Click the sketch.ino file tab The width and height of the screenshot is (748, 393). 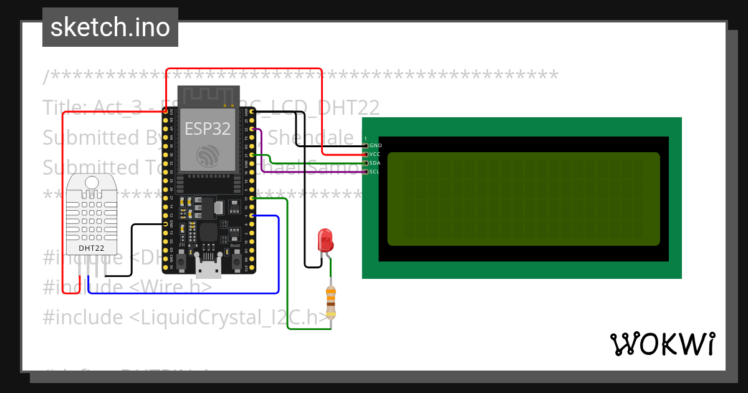tap(110, 27)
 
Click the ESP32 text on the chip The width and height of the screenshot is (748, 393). tap(208, 129)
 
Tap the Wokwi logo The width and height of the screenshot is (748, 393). tap(662, 344)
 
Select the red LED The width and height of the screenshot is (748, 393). tap(325, 240)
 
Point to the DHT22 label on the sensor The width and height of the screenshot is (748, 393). tap(91, 248)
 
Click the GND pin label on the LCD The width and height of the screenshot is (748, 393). tap(376, 145)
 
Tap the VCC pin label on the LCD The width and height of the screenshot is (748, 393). tap(375, 154)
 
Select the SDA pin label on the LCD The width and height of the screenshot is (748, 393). tap(375, 163)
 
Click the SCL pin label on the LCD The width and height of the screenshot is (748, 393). tap(375, 172)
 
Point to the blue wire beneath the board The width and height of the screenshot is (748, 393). tap(187, 292)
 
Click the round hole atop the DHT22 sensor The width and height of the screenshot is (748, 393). tap(91, 182)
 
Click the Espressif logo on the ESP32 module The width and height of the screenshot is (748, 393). tap(208, 155)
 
